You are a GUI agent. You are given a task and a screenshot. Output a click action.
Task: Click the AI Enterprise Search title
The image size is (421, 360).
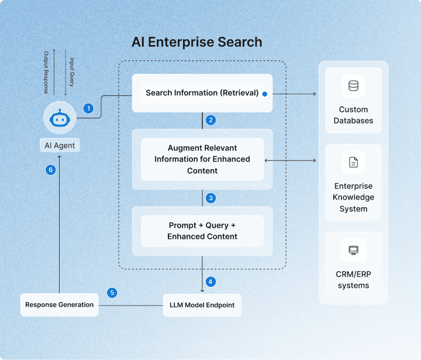197,42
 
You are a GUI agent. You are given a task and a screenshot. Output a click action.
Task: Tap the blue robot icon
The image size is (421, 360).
60,118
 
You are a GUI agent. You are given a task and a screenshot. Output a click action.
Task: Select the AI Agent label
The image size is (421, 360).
60,145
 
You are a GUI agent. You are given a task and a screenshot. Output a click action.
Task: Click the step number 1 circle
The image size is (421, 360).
88,109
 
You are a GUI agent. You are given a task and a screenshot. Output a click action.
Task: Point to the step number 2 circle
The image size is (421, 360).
210,120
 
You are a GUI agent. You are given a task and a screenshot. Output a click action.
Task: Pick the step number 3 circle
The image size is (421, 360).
210,198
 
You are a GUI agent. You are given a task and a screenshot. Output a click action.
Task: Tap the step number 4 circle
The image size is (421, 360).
210,282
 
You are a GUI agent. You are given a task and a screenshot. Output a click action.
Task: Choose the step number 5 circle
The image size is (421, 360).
112,293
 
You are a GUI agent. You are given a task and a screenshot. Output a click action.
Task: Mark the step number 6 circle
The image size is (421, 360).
50,170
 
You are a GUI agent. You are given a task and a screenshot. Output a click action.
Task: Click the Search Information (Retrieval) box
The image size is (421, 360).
202,93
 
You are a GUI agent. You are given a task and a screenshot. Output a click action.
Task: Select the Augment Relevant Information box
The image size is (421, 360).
202,159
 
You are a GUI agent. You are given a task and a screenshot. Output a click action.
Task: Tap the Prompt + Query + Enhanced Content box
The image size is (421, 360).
202,231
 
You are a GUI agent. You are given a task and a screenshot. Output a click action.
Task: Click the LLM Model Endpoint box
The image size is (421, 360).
202,305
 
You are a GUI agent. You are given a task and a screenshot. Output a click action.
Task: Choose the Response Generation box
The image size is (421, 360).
59,304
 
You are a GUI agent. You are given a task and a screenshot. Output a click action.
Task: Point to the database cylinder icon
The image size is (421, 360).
353,86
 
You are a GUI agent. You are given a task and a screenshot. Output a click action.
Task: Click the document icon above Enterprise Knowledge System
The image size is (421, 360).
353,162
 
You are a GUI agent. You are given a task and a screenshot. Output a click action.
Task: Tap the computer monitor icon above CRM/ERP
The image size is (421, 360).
353,251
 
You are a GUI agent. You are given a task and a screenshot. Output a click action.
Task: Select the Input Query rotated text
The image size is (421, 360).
72,72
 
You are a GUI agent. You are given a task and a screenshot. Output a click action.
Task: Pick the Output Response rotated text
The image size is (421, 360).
46,73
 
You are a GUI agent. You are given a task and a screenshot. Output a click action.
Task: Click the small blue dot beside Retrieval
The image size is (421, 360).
265,94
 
